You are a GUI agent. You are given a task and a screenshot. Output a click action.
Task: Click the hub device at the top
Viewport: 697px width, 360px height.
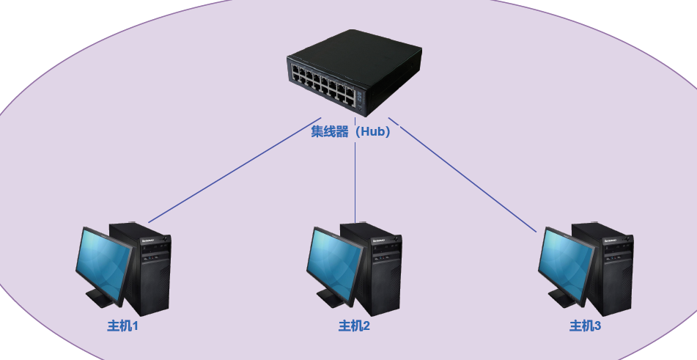[x=354, y=73]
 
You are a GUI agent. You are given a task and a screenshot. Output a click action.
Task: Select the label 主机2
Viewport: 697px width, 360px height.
[x=354, y=326]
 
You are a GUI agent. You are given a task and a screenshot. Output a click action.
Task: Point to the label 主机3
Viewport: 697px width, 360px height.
[x=586, y=326]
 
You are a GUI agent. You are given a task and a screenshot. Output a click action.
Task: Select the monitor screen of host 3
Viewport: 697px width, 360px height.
[x=565, y=263]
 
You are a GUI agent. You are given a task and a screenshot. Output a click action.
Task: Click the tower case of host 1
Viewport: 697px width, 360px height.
[x=147, y=268]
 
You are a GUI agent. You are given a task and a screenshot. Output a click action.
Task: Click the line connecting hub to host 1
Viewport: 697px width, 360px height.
[x=235, y=169]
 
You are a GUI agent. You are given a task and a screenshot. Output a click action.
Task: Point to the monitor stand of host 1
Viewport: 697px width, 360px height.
[x=100, y=298]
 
